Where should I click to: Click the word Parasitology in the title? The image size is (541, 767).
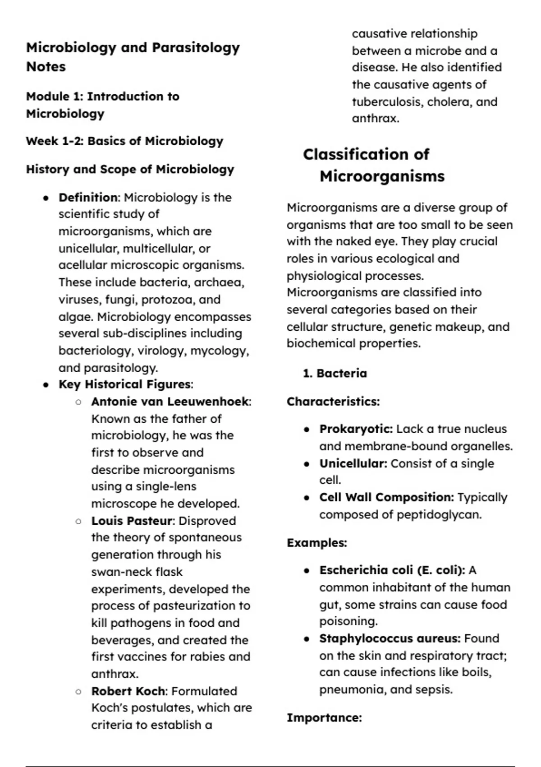click(x=196, y=48)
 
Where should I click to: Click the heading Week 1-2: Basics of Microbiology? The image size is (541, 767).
click(x=124, y=141)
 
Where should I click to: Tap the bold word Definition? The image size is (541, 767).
click(x=88, y=198)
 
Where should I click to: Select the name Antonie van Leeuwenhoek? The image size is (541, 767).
click(x=170, y=402)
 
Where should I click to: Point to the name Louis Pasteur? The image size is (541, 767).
click(x=132, y=521)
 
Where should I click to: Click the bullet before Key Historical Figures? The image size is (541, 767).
click(x=46, y=385)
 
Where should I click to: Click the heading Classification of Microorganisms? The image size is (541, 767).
click(x=373, y=165)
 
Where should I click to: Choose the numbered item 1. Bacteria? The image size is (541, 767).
click(x=335, y=374)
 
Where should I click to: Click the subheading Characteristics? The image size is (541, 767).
click(x=333, y=402)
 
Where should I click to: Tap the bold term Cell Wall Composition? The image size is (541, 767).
click(x=386, y=498)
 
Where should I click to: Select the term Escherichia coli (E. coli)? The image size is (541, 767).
click(x=392, y=570)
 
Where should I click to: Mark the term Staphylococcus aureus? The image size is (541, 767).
click(x=390, y=639)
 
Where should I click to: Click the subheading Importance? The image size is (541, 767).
click(x=324, y=718)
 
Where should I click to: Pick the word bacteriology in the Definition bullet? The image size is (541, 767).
click(x=96, y=351)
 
